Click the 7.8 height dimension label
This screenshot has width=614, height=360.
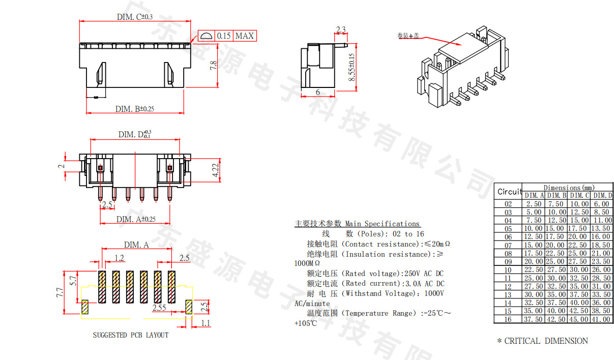[x=214, y=66]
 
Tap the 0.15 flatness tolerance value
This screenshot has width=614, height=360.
[x=224, y=36]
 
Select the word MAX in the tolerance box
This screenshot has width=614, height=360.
[x=244, y=36]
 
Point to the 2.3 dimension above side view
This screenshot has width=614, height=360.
[x=341, y=29]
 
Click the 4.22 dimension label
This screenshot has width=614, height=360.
[x=216, y=170]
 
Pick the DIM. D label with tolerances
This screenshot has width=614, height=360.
[x=135, y=134]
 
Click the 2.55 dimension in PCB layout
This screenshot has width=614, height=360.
[x=159, y=308]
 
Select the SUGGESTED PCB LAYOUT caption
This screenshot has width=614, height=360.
[x=130, y=335]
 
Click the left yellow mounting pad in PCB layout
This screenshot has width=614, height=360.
[x=85, y=306]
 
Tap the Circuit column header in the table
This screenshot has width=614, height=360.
[x=509, y=192]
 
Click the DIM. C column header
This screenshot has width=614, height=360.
[x=579, y=195]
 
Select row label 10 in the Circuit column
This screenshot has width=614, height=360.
[x=508, y=269]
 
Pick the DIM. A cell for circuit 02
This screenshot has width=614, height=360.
[x=534, y=204]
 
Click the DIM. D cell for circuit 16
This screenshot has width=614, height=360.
[x=602, y=319]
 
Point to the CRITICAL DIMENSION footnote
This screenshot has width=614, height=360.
[x=542, y=341]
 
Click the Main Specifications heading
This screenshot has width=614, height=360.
[x=383, y=224]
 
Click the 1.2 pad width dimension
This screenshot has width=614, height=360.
[x=119, y=258]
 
